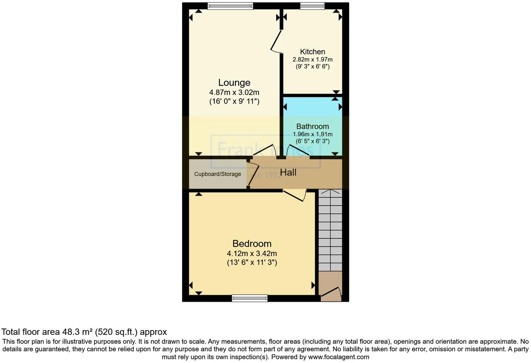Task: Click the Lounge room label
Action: pos(234,83)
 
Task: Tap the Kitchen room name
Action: pos(312,52)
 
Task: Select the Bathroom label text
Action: pos(312,126)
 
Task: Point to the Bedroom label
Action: pos(252,244)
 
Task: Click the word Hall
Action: pos(288,172)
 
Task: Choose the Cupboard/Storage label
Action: pos(218,174)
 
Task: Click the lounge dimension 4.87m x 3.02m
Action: pos(234,92)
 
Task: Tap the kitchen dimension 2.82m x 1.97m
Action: pos(312,60)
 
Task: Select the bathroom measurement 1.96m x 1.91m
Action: pos(312,134)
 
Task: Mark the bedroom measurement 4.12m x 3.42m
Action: pos(252,254)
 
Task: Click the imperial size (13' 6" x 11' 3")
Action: pos(252,262)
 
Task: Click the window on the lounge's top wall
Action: pos(230,6)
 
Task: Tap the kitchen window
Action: pos(312,6)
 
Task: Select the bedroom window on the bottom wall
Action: pos(249,298)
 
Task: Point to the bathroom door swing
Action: pos(297,150)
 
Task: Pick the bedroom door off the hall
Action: pos(295,195)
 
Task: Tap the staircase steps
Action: pos(330,230)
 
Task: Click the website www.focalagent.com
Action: pos(339,357)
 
